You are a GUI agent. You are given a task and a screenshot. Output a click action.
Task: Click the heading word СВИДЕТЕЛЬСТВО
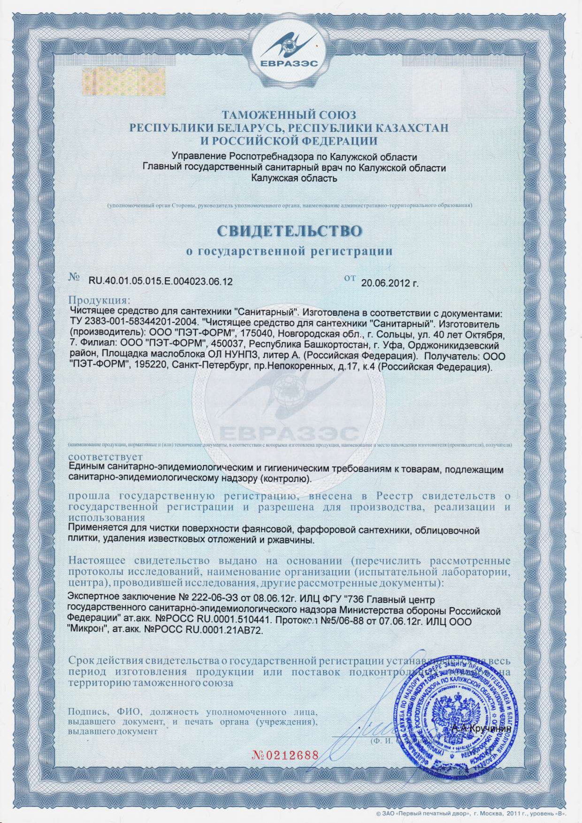coord(290,231)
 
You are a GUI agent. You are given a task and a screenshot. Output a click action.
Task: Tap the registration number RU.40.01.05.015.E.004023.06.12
coord(161,282)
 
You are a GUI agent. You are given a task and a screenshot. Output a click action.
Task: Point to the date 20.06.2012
coord(389,283)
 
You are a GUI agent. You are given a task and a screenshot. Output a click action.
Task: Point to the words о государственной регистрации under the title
coord(289,251)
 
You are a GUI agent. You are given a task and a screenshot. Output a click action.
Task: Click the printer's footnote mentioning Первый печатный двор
coord(472,813)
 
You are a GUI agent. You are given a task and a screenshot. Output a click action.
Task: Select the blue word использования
coord(107,518)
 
